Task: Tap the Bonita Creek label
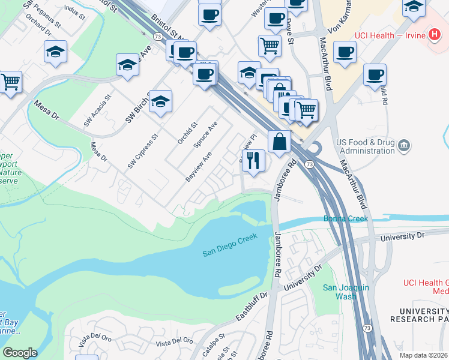pyautogui.click(x=346, y=218)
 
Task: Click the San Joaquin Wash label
pyautogui.click(x=339, y=292)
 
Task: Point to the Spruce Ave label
pyautogui.click(x=205, y=136)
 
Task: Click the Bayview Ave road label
pyautogui.click(x=198, y=166)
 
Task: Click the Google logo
pyautogui.click(x=20, y=352)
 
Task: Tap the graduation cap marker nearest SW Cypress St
pyautogui.click(x=160, y=102)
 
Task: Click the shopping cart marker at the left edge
pyautogui.click(x=10, y=81)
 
